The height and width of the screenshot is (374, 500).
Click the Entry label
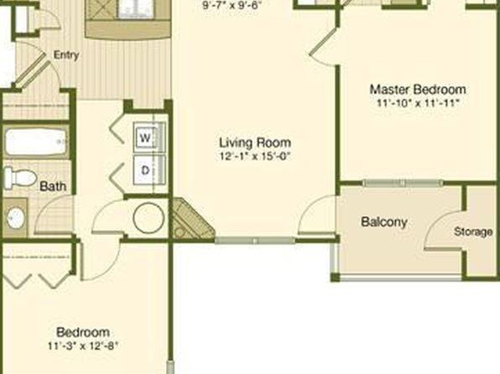tap(66, 55)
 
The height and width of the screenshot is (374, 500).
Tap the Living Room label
tap(255, 143)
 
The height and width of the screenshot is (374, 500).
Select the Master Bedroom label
tap(418, 89)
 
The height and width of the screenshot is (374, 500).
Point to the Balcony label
tap(384, 222)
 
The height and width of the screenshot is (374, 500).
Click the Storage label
tap(473, 231)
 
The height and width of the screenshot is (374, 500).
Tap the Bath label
tap(53, 186)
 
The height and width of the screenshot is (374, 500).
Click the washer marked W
tap(145, 138)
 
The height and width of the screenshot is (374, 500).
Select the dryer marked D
tap(145, 170)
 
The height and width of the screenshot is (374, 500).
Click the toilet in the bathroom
tap(20, 177)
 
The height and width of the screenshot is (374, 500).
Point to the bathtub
tap(36, 143)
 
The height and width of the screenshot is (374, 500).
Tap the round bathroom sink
tap(15, 218)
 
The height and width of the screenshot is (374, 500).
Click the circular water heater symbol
tap(148, 218)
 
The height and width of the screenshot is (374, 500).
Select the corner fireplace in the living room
tap(190, 220)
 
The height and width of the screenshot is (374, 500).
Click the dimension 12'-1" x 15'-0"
tap(255, 157)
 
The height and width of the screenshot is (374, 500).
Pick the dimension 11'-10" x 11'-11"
tap(418, 103)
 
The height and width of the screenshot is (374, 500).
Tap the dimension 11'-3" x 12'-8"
tap(83, 346)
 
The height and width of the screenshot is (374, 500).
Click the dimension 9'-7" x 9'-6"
tap(232, 6)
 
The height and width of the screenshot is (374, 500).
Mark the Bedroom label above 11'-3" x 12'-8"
tap(83, 332)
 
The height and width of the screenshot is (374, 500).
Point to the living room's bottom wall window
tap(254, 241)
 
